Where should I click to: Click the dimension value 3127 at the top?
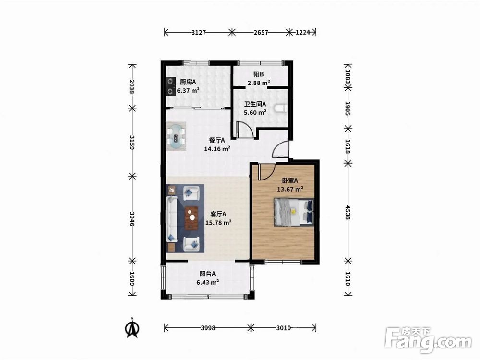tap(198, 32)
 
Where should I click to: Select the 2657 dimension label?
tap(261, 32)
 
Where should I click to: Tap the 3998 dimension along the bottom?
tap(208, 328)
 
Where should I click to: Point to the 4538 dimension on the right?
tap(348, 212)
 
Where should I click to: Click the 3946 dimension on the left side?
tap(132, 218)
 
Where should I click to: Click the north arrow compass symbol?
tap(132, 328)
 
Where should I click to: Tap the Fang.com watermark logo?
tap(428, 340)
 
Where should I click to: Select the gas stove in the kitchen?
tap(170, 86)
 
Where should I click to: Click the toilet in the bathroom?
tap(281, 108)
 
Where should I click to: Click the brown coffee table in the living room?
tap(192, 218)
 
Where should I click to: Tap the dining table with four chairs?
tap(176, 136)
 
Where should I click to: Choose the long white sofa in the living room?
tap(171, 219)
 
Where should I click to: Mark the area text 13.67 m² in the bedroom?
tap(290, 189)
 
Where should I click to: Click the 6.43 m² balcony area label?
tap(207, 282)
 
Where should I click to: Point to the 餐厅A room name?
tap(217, 140)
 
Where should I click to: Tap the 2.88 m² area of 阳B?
tap(259, 83)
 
